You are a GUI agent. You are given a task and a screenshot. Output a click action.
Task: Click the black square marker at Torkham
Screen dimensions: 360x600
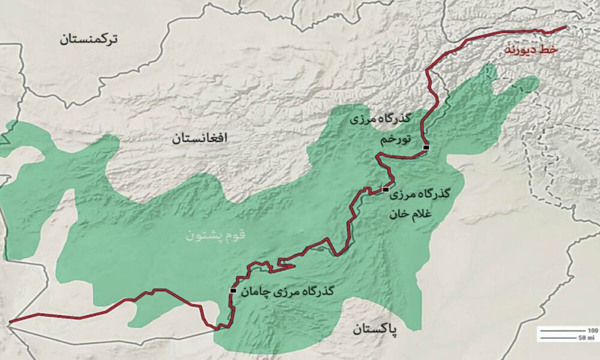(426, 147)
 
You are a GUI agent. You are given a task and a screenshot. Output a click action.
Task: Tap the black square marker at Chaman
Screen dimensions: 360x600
(233, 290)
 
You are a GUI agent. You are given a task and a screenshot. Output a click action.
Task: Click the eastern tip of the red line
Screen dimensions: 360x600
(565, 27)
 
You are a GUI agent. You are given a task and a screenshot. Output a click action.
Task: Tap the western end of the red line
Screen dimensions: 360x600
(10, 322)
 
